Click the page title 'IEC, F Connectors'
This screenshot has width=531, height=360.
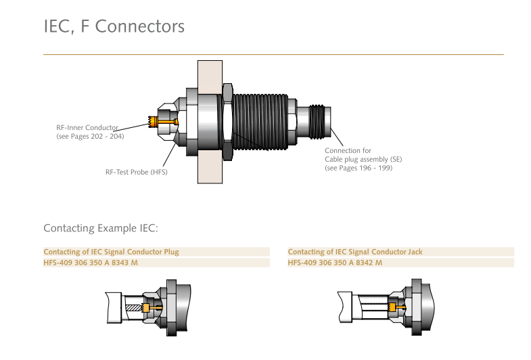114,27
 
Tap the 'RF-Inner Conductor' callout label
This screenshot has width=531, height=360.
87,127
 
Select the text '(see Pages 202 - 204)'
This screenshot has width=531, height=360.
90,136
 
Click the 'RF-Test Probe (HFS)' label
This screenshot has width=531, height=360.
136,172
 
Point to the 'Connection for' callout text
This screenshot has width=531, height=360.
348,150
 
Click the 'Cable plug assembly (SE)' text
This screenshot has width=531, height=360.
363,159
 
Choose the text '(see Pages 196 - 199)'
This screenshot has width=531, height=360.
359,168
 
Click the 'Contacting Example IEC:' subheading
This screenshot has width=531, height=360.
100,227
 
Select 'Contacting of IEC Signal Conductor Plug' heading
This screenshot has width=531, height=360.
111,252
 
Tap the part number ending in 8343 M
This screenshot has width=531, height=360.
91,263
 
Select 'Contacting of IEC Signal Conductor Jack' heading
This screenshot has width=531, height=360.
354,252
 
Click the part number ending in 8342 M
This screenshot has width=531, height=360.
335,263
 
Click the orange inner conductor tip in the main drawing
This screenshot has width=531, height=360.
153,122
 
